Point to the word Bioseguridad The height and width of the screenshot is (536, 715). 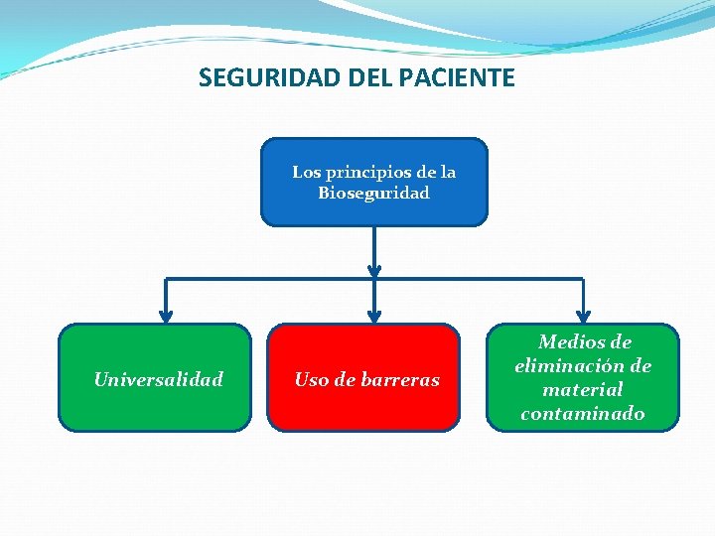[373, 194]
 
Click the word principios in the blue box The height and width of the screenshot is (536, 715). [367, 172]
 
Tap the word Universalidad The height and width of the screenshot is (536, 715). [158, 379]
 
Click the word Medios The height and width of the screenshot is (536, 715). [584, 342]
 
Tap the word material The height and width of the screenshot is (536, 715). [583, 390]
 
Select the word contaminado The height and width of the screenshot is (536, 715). [583, 414]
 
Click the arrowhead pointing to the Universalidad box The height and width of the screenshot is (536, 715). [166, 316]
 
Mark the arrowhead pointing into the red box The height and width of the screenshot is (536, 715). [374, 316]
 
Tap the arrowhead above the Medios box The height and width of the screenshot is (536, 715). [583, 316]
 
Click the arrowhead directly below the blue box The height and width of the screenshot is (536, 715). [374, 269]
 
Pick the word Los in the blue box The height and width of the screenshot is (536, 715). [305, 172]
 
